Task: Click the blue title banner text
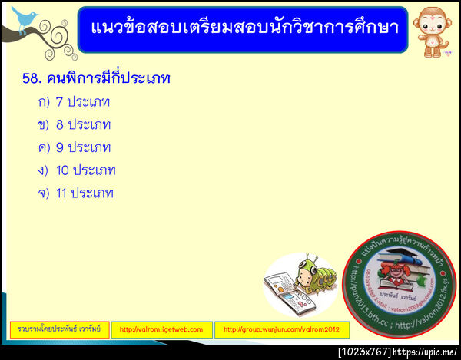tap(243, 28)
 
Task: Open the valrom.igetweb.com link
tap(161, 329)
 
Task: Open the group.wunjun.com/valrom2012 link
tap(281, 329)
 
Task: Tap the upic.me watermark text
tap(425, 352)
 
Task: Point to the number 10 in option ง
tap(63, 170)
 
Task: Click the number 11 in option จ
tap(62, 193)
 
